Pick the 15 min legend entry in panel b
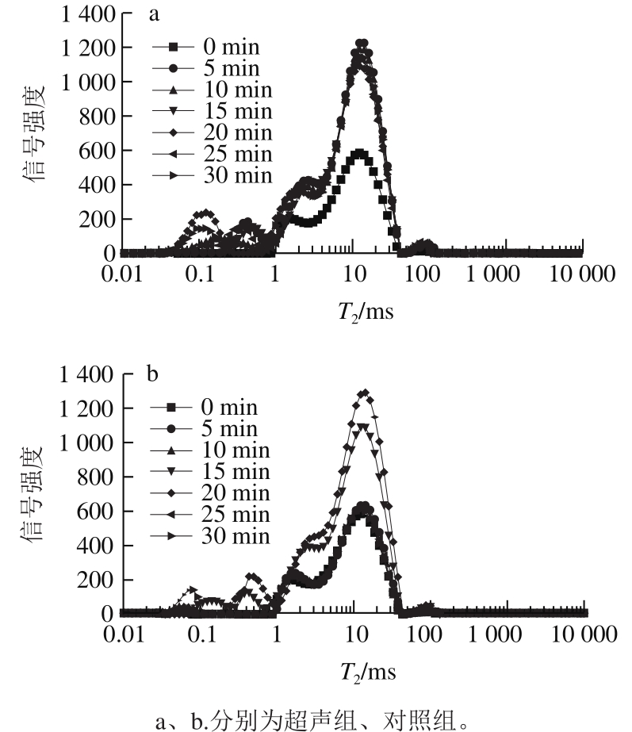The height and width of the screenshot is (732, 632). [214, 472]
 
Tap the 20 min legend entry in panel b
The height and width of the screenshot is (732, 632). [214, 493]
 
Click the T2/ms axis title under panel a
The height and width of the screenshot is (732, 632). [364, 311]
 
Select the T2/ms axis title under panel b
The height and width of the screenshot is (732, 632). [366, 673]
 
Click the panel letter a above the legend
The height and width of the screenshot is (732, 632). [151, 14]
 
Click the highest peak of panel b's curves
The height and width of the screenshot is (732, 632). [365, 392]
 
